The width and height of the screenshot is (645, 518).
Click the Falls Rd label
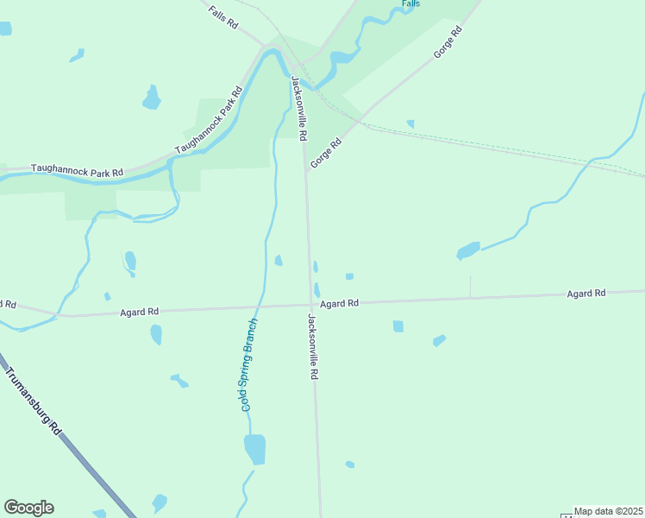[223, 18]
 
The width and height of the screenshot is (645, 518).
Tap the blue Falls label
[410, 4]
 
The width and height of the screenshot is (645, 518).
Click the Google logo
[28, 508]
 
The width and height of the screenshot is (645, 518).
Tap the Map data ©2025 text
[609, 511]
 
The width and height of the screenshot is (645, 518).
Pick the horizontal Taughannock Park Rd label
[77, 171]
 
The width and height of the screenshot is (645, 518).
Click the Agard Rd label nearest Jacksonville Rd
[339, 304]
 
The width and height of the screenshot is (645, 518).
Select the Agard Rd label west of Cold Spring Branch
[140, 311]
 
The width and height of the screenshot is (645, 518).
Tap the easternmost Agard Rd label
[586, 294]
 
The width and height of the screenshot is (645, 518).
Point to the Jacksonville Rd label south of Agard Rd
[313, 347]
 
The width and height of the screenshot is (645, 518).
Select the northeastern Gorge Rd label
[448, 42]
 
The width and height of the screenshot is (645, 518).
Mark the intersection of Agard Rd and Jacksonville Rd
[311, 304]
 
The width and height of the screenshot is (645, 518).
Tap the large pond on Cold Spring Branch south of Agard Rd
[255, 449]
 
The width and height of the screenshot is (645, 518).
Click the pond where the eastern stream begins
[468, 250]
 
